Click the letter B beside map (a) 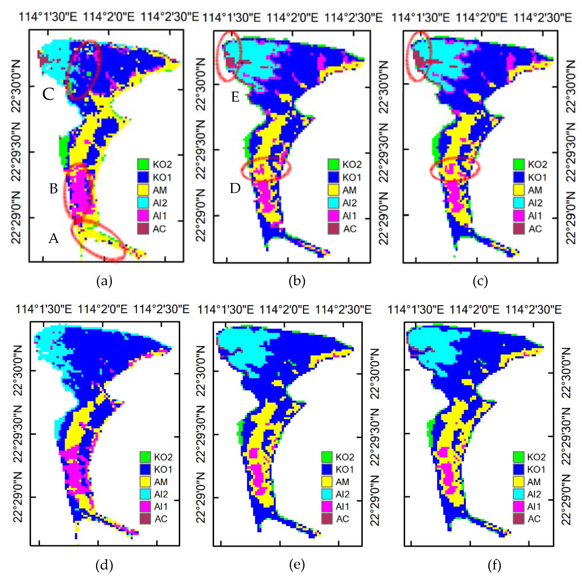(x=54, y=189)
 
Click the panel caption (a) (x=104, y=281)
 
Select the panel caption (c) (x=480, y=281)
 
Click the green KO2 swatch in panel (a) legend (x=143, y=164)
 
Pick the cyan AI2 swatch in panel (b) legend (x=333, y=203)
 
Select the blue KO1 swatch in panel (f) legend (x=518, y=469)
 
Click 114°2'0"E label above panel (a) (x=108, y=17)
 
